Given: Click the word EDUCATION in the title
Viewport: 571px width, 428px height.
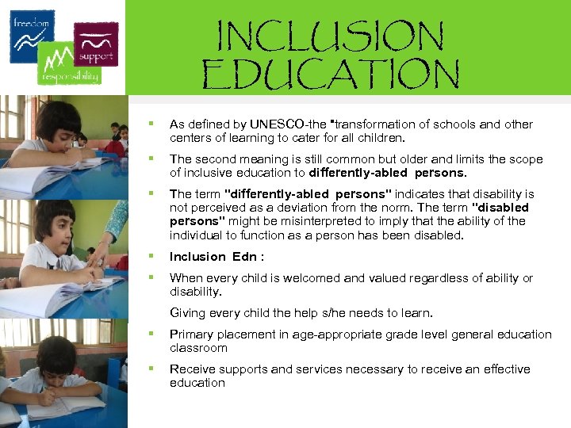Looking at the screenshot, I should click(x=331, y=75).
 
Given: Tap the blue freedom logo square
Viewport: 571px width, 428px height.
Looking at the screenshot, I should click(x=33, y=36).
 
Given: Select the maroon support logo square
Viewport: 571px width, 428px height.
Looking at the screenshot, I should click(x=96, y=44).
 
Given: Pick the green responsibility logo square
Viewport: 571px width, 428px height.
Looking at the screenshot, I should click(x=69, y=63).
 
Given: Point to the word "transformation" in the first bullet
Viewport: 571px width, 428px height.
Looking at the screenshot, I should click(x=372, y=124).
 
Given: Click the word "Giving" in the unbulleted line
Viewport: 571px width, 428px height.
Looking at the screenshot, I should click(x=187, y=312).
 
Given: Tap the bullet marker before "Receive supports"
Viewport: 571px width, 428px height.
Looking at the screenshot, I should click(x=148, y=369).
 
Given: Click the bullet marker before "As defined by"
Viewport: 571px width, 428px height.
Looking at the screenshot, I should click(x=148, y=124).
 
